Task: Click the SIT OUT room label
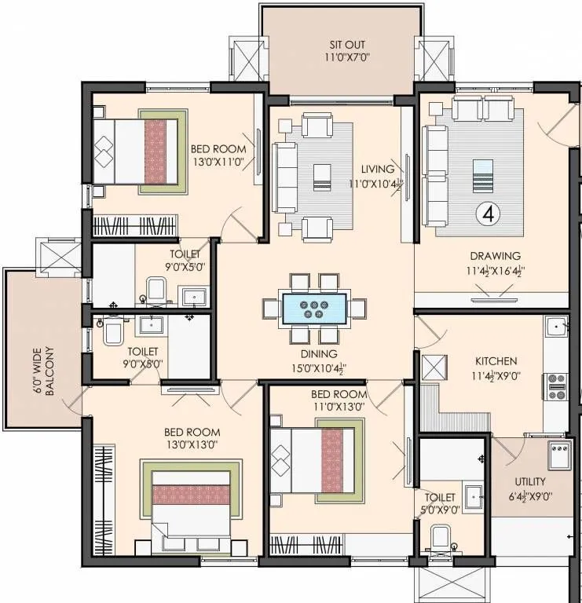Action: point(346,45)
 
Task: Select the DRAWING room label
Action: point(495,256)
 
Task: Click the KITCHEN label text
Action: point(496,361)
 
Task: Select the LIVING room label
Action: point(377,169)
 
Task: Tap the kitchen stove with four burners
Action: point(556,387)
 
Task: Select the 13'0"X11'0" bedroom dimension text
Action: point(218,163)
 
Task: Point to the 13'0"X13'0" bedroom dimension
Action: point(192,445)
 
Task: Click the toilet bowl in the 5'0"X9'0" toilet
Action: point(441,541)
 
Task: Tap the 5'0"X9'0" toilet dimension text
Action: point(441,510)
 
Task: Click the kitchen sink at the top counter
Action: point(556,326)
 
